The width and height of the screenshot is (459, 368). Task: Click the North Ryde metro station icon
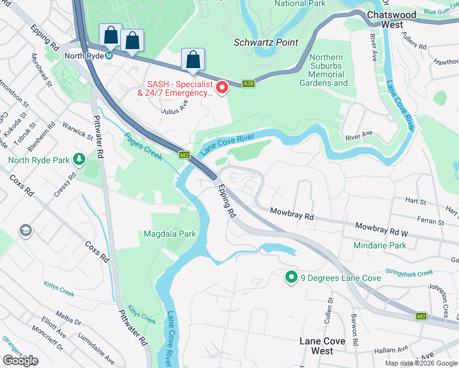(109, 55)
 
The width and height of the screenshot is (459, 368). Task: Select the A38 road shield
(249, 83)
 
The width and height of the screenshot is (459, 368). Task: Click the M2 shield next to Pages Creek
(183, 155)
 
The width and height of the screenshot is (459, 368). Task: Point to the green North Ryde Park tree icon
(79, 159)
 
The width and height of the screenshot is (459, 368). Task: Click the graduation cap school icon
(25, 230)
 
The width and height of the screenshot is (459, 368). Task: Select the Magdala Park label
(169, 234)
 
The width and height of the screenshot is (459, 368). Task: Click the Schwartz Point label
(266, 42)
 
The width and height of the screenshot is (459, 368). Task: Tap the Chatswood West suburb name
(393, 19)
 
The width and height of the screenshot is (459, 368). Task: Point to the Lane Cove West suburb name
(322, 345)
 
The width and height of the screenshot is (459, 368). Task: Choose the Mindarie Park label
(380, 245)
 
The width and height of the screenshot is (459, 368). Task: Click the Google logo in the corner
(20, 361)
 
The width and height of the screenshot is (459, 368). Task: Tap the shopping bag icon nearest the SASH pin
(193, 60)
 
